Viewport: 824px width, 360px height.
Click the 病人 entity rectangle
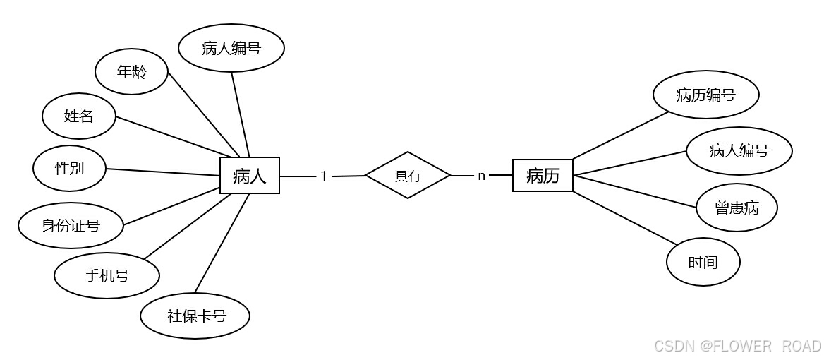[x=250, y=175]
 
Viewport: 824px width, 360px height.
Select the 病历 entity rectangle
[x=543, y=175]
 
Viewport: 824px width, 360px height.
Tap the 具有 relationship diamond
[x=408, y=175]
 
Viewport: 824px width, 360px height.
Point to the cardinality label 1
[x=324, y=176]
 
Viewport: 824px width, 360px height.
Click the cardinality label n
[x=482, y=176]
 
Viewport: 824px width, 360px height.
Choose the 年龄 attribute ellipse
[x=131, y=71]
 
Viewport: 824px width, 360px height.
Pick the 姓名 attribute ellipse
[x=78, y=116]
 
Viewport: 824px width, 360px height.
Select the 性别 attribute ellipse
[x=69, y=168]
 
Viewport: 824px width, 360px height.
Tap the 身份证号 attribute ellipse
[x=71, y=226]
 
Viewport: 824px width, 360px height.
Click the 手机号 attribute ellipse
[x=107, y=275]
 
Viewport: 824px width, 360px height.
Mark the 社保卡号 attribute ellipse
[x=195, y=316]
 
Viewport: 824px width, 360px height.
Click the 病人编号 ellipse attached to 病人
[x=231, y=48]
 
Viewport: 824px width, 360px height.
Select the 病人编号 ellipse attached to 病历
[x=739, y=150]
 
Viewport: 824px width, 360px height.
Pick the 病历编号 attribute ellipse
[x=705, y=95]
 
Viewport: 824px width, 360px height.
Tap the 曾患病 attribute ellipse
[x=737, y=208]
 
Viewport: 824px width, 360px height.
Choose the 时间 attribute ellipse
[x=703, y=262]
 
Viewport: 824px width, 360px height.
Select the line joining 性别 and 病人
[x=162, y=172]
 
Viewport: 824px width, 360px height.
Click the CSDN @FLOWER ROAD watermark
[x=737, y=346]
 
